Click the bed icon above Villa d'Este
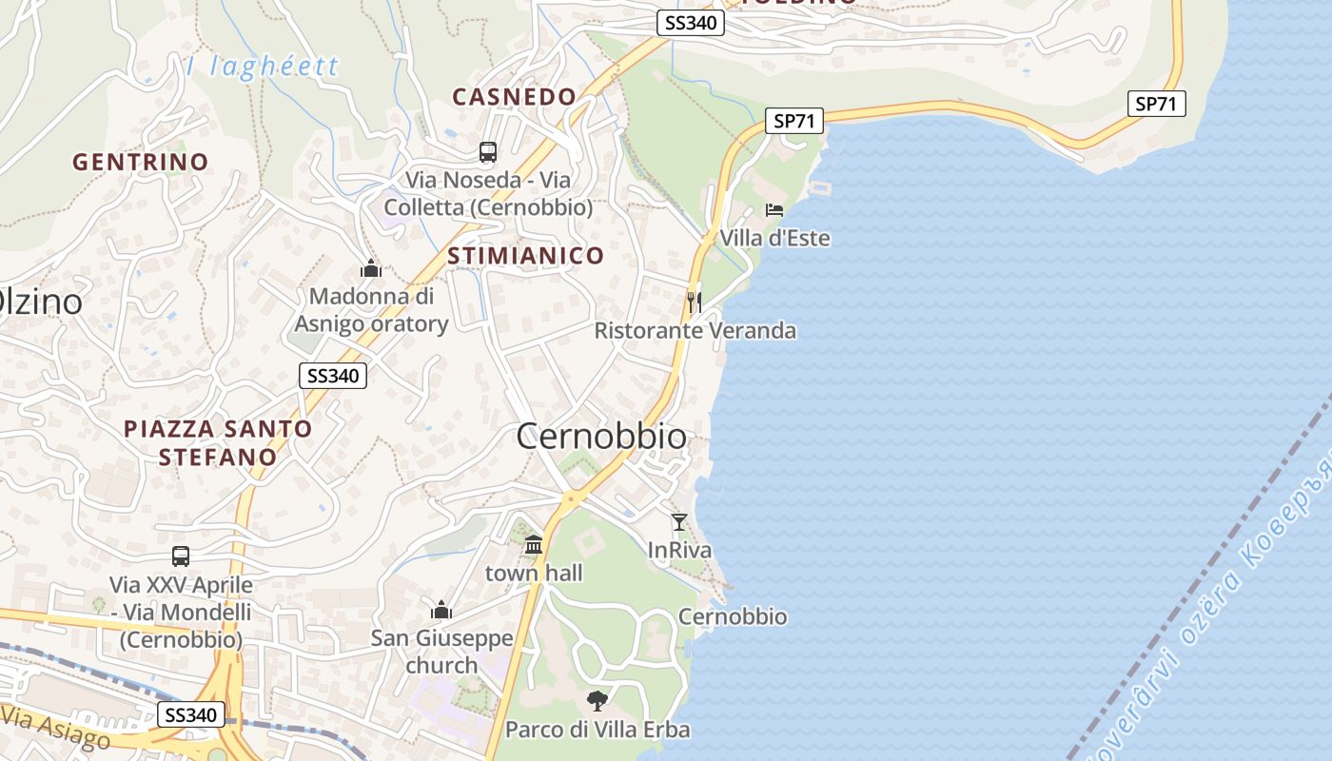(774, 209)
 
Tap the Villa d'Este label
(774, 238)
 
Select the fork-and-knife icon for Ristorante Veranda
(695, 302)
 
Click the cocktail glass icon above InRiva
(679, 521)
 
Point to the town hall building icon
(534, 545)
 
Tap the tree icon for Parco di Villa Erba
(597, 701)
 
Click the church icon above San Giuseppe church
(441, 610)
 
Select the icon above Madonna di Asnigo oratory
(371, 269)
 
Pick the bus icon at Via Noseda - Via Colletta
(488, 151)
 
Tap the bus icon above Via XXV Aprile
(181, 556)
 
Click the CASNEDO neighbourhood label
(514, 96)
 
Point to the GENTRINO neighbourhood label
(140, 162)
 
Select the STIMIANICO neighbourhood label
(525, 255)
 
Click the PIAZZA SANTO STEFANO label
(218, 442)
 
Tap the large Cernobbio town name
(600, 436)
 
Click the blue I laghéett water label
(263, 66)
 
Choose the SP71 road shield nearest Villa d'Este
(794, 121)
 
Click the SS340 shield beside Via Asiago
(192, 715)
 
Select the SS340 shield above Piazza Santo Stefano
(332, 376)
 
